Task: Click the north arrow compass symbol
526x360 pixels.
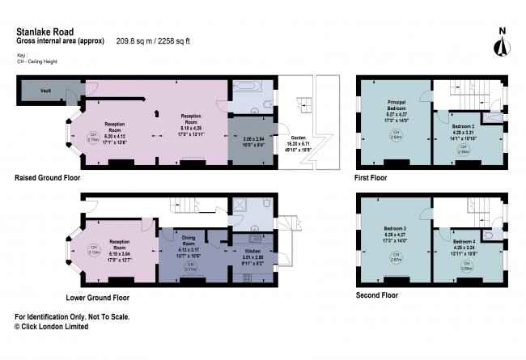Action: (x=502, y=40)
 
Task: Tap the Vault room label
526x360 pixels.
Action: (x=48, y=90)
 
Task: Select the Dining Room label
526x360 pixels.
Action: (x=188, y=240)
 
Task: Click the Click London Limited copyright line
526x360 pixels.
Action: (x=52, y=327)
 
